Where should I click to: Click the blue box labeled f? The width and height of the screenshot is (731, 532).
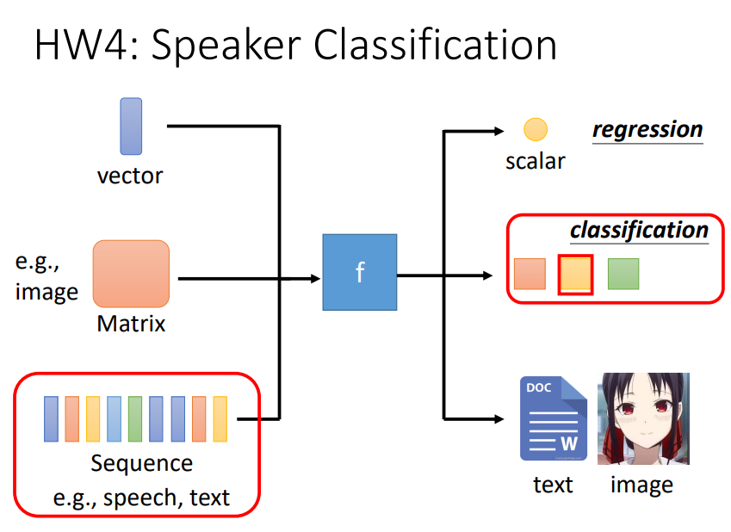[359, 272]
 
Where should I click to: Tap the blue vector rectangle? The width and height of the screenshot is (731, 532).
[131, 126]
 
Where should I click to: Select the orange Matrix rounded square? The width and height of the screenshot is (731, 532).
[131, 274]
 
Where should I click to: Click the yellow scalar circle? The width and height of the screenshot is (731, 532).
[536, 129]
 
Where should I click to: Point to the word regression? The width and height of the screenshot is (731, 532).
[647, 129]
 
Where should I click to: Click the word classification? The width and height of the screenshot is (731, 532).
[639, 230]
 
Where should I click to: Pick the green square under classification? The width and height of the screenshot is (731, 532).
[623, 274]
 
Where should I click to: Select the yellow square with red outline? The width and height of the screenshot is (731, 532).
[575, 275]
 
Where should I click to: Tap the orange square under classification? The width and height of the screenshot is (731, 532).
[530, 274]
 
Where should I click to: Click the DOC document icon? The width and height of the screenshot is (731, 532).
[554, 418]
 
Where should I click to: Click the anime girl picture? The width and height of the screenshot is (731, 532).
[643, 418]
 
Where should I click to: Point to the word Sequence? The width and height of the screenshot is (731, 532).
[142, 463]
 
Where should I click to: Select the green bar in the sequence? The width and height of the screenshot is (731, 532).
[135, 418]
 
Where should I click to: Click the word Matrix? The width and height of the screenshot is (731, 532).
[131, 324]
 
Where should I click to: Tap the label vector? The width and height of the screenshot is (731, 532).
[130, 176]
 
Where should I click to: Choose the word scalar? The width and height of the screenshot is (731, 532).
[536, 162]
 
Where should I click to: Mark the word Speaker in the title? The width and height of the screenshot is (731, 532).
[226, 46]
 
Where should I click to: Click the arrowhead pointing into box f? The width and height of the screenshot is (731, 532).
[316, 279]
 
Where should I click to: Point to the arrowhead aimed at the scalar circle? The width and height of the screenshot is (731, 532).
[499, 132]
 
